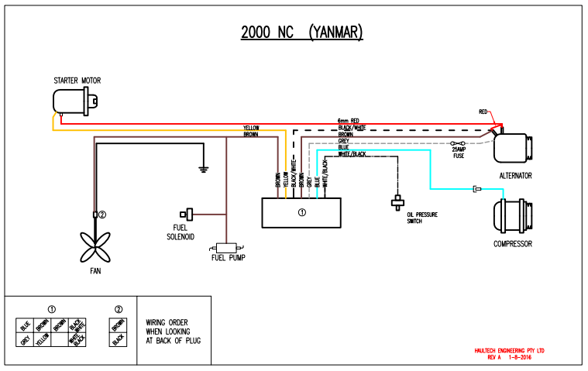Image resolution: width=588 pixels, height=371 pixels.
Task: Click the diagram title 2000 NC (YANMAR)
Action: [301, 33]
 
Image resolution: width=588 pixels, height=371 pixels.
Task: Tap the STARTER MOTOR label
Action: [77, 80]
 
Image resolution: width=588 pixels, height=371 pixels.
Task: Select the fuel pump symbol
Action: [225, 246]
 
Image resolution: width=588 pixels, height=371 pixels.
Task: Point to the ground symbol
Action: [202, 167]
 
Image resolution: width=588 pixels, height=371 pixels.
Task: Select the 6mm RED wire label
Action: [349, 121]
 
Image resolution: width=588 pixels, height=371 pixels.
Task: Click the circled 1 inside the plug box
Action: [302, 211]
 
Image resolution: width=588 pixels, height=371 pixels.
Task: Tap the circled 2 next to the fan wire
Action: [101, 214]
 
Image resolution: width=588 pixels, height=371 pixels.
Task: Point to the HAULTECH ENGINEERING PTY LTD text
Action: [509, 351]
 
